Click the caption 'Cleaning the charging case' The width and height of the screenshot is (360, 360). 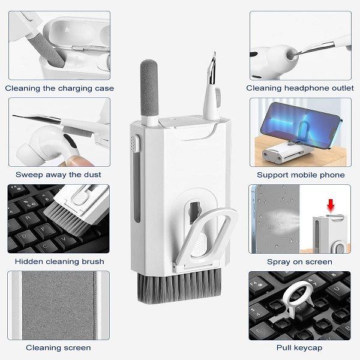click(x=59, y=88)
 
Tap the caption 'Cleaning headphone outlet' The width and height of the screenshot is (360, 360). click(x=300, y=88)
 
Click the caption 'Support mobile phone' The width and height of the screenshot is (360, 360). click(x=301, y=175)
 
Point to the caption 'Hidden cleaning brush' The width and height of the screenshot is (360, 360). click(x=59, y=261)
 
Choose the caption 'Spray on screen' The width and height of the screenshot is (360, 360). click(x=299, y=262)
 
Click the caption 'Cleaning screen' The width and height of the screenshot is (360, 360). click(x=58, y=347)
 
